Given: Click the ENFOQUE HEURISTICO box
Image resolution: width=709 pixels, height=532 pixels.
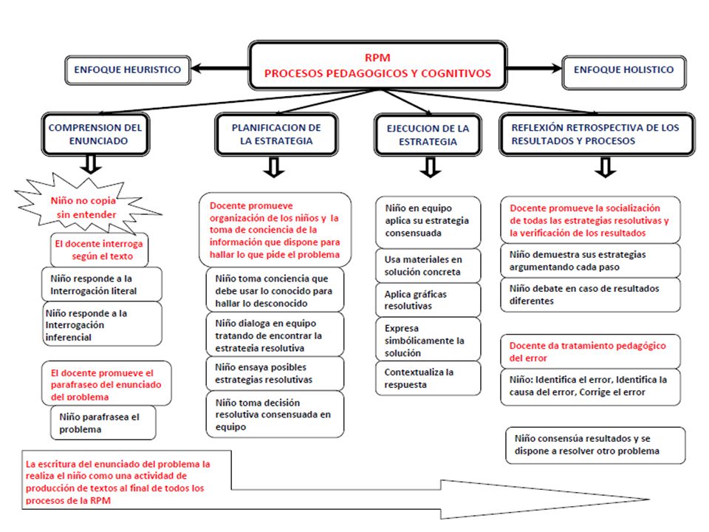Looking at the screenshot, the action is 128,70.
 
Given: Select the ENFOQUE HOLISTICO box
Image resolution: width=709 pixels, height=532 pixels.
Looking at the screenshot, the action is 624,72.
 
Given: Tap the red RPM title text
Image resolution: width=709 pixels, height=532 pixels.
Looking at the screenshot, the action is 377,58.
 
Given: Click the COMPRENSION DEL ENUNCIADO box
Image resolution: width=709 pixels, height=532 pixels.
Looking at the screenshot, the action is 95,134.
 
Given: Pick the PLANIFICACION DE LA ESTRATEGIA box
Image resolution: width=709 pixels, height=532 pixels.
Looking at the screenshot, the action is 277,134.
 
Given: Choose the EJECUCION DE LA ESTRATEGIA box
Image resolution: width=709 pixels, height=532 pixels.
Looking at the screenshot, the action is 428,134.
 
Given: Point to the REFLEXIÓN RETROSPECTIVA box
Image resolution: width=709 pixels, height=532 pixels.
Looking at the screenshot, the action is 597,134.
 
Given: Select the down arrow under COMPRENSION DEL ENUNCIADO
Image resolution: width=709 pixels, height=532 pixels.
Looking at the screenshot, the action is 91,165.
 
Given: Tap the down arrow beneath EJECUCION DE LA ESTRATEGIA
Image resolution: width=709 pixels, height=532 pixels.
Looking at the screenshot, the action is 431,167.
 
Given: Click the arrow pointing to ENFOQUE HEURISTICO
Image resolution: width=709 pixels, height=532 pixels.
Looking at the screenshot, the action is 220,69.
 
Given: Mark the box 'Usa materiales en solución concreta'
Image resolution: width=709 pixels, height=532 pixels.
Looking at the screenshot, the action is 428,265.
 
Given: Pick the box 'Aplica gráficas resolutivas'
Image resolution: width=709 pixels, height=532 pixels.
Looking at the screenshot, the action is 428,300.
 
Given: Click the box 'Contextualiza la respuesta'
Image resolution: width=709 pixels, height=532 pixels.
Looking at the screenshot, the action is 428,378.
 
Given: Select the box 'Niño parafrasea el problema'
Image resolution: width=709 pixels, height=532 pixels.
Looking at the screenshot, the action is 103,423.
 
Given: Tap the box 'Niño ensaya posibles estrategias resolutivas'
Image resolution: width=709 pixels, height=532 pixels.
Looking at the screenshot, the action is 275,373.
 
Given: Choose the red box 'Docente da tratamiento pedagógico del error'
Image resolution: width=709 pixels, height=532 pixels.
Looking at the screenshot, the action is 590,352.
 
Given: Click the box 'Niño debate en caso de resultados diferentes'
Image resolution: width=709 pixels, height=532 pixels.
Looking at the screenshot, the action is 590,295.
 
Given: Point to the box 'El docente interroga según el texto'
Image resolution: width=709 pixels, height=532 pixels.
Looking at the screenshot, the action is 100,250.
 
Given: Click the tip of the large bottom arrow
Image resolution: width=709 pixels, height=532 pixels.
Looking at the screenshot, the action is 650,499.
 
